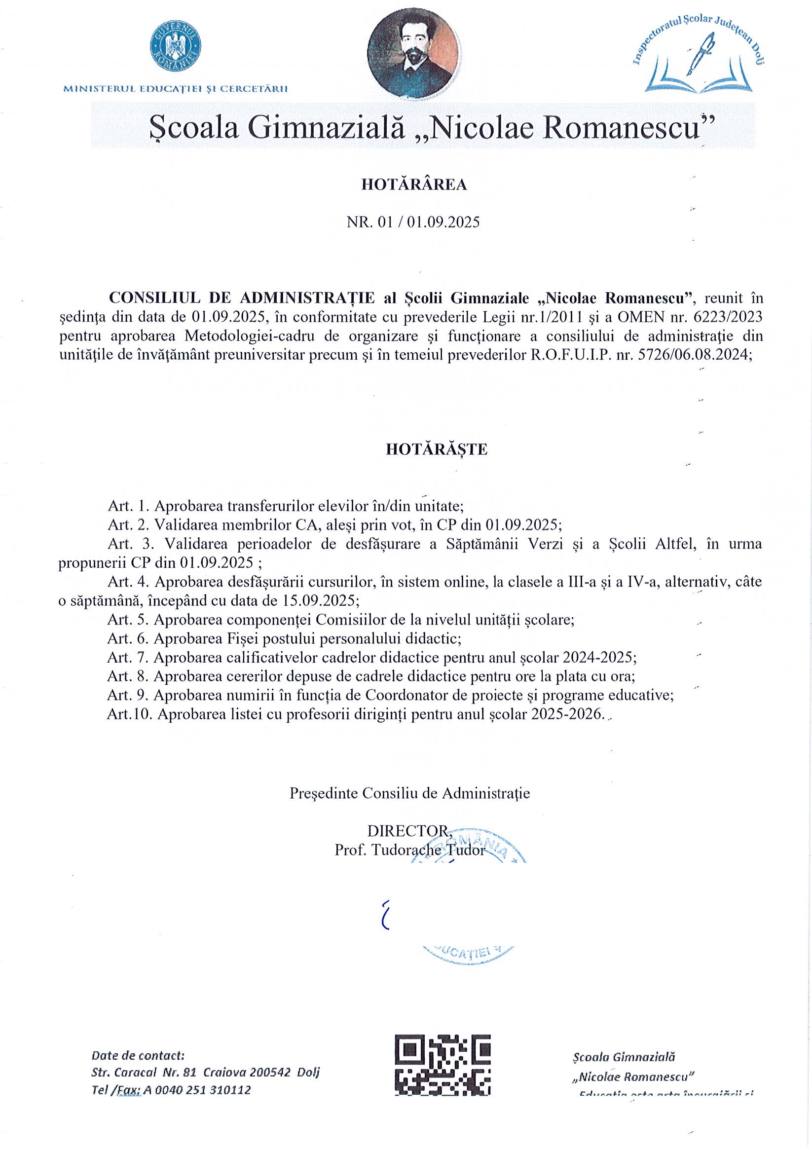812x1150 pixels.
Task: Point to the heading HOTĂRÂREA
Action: [414, 185]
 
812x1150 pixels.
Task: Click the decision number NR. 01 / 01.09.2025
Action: [413, 222]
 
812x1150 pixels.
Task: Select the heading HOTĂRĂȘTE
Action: [436, 449]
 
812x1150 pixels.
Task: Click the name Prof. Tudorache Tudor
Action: [410, 851]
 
